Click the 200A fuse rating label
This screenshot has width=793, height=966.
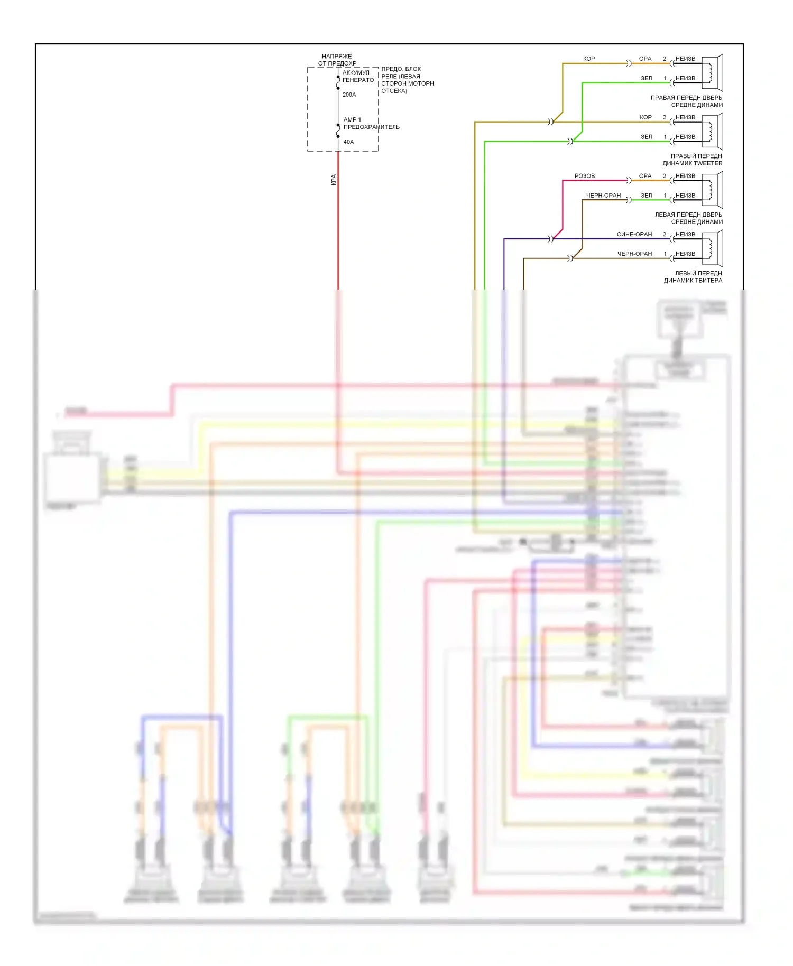[349, 95]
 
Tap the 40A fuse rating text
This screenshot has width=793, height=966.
[348, 142]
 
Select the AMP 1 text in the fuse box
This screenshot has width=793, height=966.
[352, 119]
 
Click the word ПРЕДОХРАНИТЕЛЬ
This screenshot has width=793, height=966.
[371, 127]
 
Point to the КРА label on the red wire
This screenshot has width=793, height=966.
[334, 180]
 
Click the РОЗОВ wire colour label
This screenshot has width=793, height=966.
[584, 176]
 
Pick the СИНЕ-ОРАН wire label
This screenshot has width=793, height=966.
[634, 234]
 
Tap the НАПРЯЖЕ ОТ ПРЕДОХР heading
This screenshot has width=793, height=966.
[337, 60]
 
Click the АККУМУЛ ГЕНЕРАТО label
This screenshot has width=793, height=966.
[358, 76]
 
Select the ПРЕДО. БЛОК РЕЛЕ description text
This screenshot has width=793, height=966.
[407, 80]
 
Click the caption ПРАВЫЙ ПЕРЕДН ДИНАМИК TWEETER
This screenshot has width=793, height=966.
[692, 160]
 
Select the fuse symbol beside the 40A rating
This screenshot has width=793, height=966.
[338, 131]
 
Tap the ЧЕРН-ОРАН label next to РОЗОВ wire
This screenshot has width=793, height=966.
[603, 196]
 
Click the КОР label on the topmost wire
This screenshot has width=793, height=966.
[588, 59]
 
